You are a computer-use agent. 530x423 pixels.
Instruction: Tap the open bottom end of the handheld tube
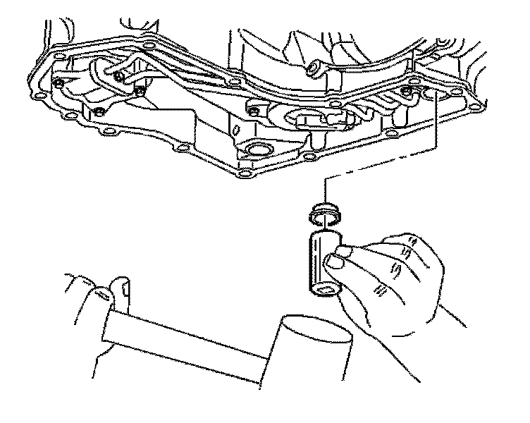point(326,290)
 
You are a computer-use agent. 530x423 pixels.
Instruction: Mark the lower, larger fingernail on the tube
point(334,264)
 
